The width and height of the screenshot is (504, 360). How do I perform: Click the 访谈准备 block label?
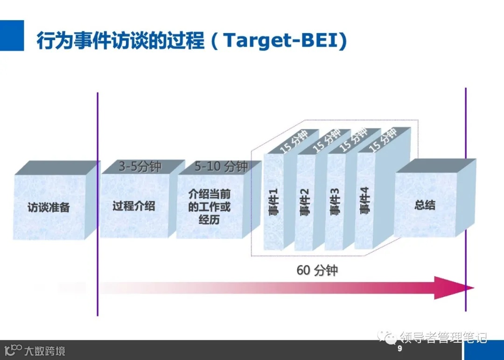(x=49, y=207)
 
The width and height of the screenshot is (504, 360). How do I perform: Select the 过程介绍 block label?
(x=134, y=206)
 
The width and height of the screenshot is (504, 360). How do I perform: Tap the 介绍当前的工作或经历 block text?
(x=209, y=206)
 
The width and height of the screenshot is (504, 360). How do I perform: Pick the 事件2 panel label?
(x=304, y=202)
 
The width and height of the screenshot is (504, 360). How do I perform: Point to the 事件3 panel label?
(x=335, y=202)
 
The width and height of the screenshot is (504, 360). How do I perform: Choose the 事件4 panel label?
(x=364, y=201)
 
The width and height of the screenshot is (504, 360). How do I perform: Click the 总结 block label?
(x=425, y=205)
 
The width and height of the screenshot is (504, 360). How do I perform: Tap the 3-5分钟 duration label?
(x=140, y=167)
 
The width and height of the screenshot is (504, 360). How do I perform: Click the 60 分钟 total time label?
(x=317, y=270)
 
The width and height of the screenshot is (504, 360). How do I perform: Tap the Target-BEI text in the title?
(x=285, y=41)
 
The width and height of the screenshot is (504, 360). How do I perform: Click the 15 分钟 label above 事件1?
(x=294, y=140)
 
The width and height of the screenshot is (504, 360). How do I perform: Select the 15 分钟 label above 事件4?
(x=383, y=138)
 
